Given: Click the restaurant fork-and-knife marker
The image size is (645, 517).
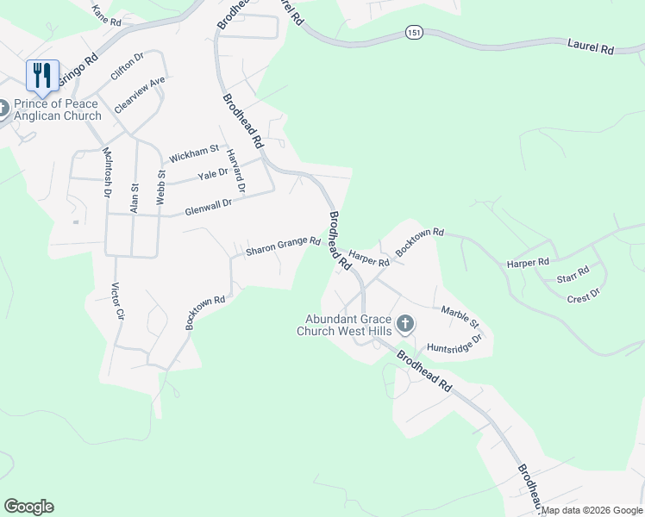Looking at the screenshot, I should coord(42,75).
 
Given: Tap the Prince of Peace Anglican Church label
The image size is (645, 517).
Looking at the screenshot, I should coord(57,109).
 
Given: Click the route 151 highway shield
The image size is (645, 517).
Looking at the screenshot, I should coord(415,32).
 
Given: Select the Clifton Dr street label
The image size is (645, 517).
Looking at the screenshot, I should coord(126,66).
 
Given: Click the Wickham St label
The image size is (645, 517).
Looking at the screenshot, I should coord(194,155).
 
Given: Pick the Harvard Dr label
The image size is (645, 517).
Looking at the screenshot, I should coord(236,170).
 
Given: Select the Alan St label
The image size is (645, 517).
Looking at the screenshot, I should coord(134,197).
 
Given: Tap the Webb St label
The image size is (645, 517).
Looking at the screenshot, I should coord(160,187).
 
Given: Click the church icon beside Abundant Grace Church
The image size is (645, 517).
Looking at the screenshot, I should coord(405,325).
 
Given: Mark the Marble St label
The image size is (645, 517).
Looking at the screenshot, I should coord(460,317).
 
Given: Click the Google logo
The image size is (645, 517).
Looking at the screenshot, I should coord(28,507).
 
